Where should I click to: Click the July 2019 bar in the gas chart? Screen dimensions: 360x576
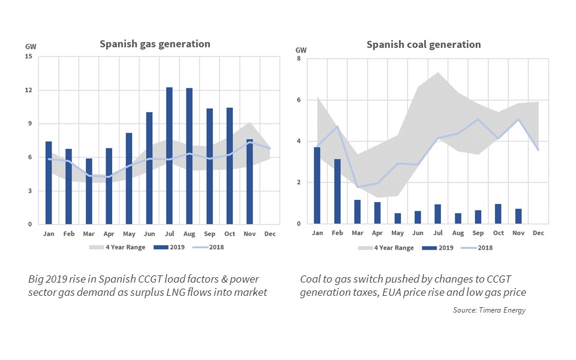[x=169, y=156]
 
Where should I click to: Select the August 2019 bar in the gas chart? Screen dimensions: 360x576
[x=190, y=157]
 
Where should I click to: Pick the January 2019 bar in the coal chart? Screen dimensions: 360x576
[x=317, y=185]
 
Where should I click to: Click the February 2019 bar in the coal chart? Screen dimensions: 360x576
[x=337, y=191]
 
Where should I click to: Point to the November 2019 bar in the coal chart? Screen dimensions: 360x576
[x=518, y=217]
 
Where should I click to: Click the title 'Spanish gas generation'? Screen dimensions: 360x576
[x=155, y=44]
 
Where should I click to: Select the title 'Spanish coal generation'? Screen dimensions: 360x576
[x=424, y=44]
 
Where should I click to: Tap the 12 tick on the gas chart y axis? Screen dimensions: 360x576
[x=28, y=91]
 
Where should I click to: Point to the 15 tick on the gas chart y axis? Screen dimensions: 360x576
[x=28, y=57]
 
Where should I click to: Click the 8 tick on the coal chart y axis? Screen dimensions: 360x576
[x=299, y=59]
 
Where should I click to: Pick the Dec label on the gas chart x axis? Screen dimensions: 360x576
[x=271, y=233]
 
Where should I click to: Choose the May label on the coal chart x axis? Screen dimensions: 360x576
[x=398, y=232]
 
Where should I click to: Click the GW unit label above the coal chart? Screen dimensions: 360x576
[x=301, y=50]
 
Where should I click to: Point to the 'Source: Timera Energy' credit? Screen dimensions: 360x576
[x=489, y=310]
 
